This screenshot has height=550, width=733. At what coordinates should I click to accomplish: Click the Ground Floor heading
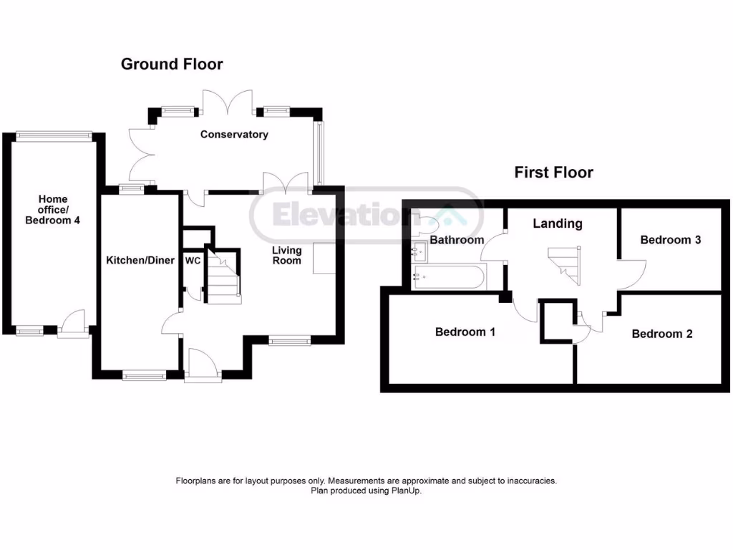coord(172,64)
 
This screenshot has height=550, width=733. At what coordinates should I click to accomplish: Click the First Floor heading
coord(553,173)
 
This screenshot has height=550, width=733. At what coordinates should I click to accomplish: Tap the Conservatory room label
coord(234,135)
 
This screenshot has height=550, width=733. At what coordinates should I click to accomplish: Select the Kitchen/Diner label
coord(140,261)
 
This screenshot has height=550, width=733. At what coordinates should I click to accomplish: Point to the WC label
coord(193,261)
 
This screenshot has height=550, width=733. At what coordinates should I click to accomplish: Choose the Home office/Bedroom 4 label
coord(52,210)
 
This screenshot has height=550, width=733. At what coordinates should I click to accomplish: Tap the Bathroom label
coord(457,240)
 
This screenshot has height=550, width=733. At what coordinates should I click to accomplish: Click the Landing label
coord(557,223)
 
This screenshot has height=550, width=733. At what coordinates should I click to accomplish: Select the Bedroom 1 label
coord(465,332)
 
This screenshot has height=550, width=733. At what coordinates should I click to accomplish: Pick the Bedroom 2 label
coord(661,334)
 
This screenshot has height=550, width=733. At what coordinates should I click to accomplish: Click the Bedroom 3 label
coord(670,240)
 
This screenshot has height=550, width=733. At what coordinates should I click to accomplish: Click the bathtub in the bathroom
coord(450,276)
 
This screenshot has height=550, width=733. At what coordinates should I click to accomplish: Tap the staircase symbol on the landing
coord(565,266)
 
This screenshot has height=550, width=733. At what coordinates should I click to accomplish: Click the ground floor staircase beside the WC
coord(223,276)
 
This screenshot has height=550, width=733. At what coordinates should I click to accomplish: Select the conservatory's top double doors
coord(227,102)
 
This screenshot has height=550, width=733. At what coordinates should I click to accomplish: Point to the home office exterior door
coord(72,324)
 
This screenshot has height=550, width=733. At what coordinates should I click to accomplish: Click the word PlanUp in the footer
coord(406,491)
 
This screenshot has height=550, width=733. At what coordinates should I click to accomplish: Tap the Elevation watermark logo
coord(366,215)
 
